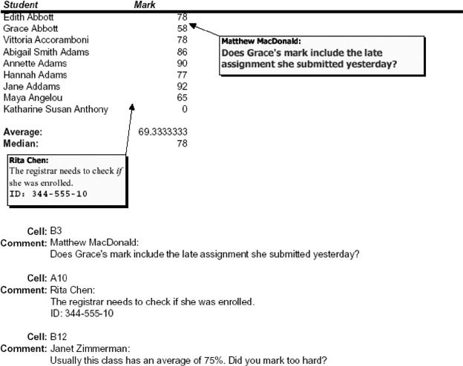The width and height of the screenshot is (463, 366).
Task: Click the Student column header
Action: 21,5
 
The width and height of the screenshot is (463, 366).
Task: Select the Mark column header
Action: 144,5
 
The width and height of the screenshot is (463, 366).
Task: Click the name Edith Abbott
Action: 28,16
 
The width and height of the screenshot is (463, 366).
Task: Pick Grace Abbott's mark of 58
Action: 182,28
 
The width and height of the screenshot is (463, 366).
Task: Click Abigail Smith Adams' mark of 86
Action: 182,52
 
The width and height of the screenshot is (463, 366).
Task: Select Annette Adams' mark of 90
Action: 182,64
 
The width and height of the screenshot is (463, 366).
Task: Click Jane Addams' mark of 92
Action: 182,86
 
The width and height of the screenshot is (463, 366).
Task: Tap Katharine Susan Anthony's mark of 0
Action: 184,109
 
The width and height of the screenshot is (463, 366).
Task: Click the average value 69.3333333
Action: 162,131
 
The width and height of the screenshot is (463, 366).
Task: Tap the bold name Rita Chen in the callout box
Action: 27,160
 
